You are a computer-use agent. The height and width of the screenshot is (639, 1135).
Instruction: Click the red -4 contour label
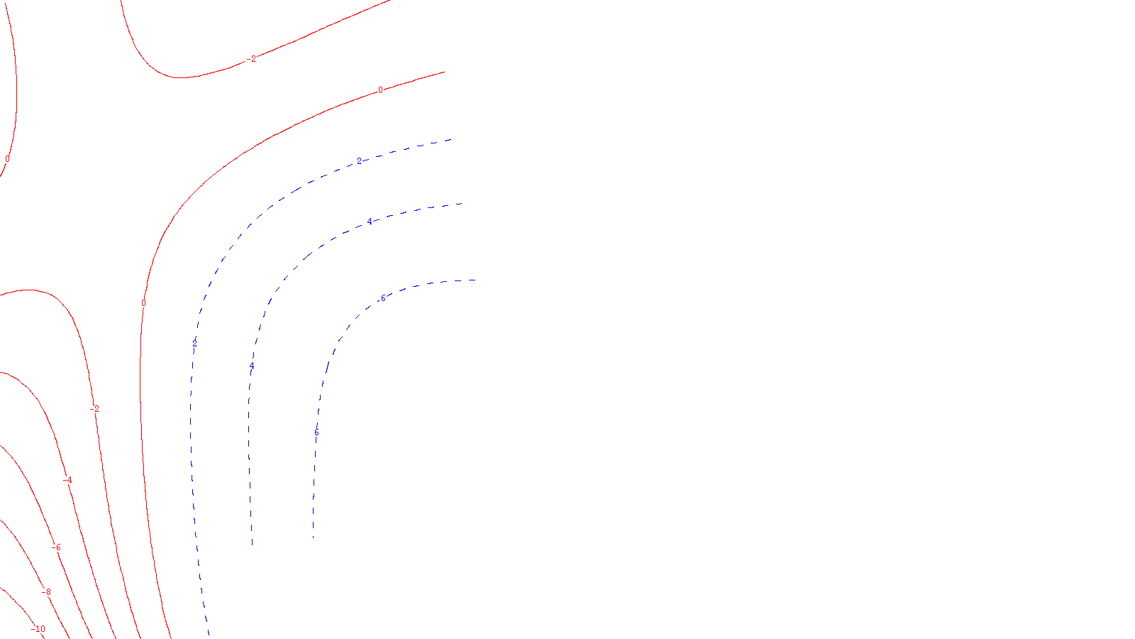pyautogui.click(x=67, y=480)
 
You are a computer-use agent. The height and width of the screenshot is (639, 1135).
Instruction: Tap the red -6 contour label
pyautogui.click(x=56, y=547)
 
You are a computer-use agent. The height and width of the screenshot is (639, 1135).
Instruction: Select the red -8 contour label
pyautogui.click(x=46, y=591)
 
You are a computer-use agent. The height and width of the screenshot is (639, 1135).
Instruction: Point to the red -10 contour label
pyautogui.click(x=38, y=628)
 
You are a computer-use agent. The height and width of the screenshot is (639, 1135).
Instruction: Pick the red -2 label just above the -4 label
pyautogui.click(x=94, y=409)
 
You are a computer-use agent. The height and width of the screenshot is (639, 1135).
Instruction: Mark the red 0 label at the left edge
pyautogui.click(x=7, y=159)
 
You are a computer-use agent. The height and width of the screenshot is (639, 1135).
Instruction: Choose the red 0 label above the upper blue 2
pyautogui.click(x=380, y=90)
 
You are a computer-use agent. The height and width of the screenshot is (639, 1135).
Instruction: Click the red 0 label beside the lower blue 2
pyautogui.click(x=143, y=303)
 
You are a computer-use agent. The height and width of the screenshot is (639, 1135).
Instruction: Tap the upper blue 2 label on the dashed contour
pyautogui.click(x=359, y=161)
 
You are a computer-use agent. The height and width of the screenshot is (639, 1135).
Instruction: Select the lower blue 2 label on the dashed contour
pyautogui.click(x=194, y=344)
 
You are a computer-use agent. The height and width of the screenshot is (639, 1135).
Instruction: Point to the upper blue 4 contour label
pyautogui.click(x=370, y=222)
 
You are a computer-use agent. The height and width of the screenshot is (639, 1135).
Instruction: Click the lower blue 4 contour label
pyautogui.click(x=252, y=366)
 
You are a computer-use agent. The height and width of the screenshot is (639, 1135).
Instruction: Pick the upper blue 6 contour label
pyautogui.click(x=383, y=298)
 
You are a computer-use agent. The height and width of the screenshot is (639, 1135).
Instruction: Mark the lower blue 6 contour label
pyautogui.click(x=316, y=432)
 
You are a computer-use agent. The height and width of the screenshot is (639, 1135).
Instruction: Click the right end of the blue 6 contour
pyautogui.click(x=475, y=280)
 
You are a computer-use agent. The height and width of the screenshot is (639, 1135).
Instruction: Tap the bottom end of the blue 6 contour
pyautogui.click(x=313, y=537)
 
